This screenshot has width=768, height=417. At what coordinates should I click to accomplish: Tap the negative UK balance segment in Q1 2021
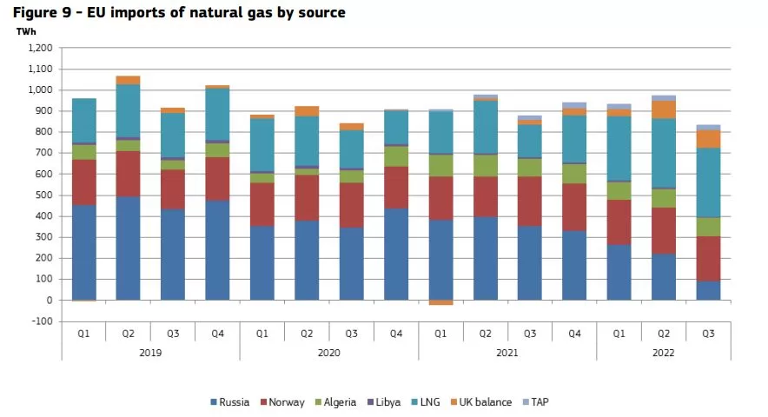440,302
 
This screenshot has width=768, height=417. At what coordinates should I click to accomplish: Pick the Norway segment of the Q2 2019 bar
128,174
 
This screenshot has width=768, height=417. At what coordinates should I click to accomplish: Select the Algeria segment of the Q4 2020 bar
395,156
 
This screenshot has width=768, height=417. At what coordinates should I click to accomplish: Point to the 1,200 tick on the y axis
40,48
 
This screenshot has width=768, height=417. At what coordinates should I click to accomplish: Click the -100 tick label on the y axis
42,321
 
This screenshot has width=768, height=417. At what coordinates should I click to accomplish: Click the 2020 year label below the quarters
328,353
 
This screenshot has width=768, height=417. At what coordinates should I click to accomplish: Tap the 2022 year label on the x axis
662,353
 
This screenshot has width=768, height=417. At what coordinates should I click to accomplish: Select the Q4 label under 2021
573,332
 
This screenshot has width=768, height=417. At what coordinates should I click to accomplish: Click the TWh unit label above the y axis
26,31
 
